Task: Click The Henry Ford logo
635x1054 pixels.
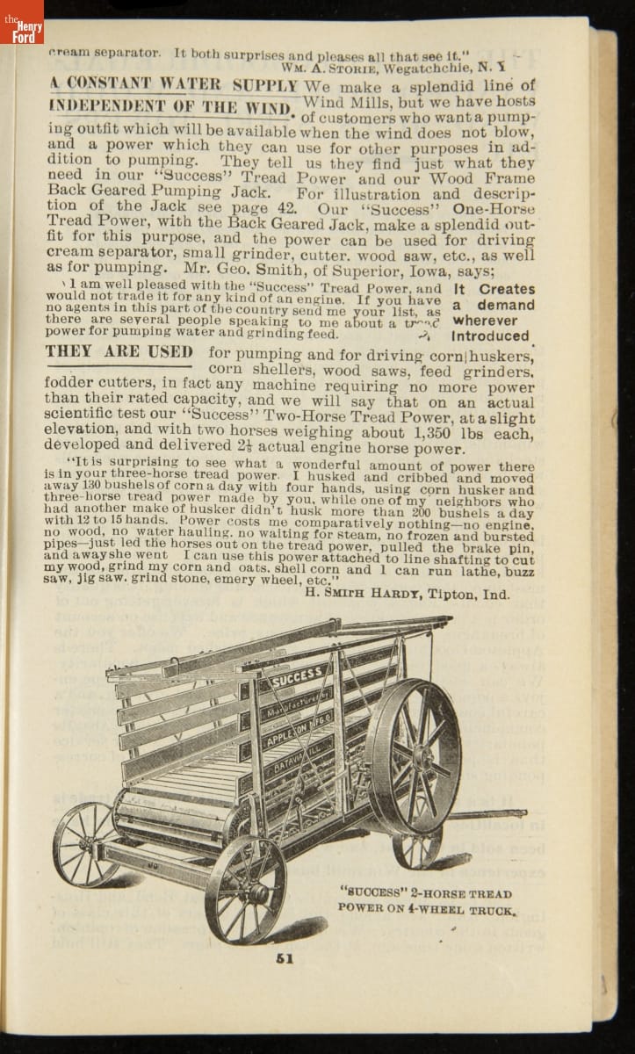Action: pyautogui.click(x=21, y=21)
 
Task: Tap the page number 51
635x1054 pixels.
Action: pyautogui.click(x=284, y=958)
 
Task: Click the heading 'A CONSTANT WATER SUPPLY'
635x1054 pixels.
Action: pyautogui.click(x=174, y=85)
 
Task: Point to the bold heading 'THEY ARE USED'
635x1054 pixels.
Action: pyautogui.click(x=119, y=353)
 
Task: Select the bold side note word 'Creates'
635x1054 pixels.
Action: pyautogui.click(x=508, y=289)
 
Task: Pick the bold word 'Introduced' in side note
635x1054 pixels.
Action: pyautogui.click(x=490, y=336)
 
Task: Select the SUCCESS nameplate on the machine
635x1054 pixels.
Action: pyautogui.click(x=295, y=679)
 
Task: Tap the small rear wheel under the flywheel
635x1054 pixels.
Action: pyautogui.click(x=417, y=848)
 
